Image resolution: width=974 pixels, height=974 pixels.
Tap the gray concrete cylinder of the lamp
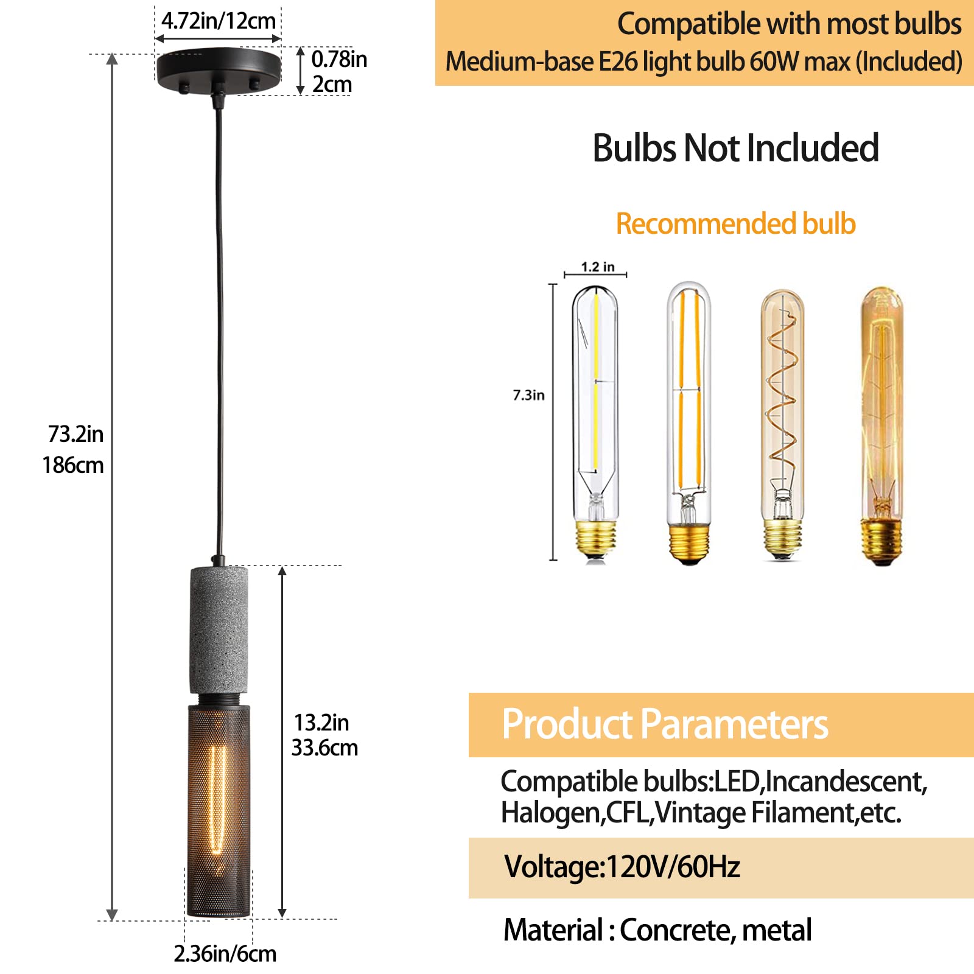pyautogui.click(x=219, y=630)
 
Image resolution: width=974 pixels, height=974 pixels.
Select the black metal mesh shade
pyautogui.click(x=219, y=810)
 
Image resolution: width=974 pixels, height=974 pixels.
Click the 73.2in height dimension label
pyautogui.click(x=76, y=435)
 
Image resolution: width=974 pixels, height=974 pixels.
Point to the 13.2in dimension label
pyautogui.click(x=321, y=723)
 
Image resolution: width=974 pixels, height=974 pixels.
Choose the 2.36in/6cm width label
pyautogui.click(x=225, y=953)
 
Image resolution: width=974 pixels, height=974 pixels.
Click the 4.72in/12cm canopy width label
pyautogui.click(x=219, y=21)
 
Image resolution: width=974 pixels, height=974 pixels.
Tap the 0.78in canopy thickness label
pyautogui.click(x=339, y=60)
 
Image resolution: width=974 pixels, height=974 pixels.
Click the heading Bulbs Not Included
pyautogui.click(x=735, y=148)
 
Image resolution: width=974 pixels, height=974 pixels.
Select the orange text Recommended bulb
pyautogui.click(x=735, y=224)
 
